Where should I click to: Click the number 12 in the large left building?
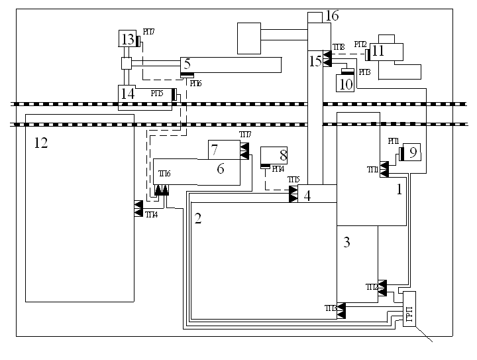click(41, 143)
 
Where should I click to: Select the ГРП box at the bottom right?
click(409, 309)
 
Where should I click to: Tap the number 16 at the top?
click(332, 15)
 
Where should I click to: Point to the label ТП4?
click(152, 215)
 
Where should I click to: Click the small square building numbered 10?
click(346, 83)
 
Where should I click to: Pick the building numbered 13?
click(127, 40)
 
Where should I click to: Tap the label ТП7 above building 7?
click(245, 135)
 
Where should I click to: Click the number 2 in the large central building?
click(198, 219)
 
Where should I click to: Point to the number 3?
click(346, 242)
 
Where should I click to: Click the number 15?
click(316, 61)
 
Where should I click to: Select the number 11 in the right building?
click(378, 50)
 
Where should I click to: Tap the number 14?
click(127, 94)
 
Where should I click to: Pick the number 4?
click(307, 196)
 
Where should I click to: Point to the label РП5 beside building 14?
click(156, 93)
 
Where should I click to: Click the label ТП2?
click(372, 287)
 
